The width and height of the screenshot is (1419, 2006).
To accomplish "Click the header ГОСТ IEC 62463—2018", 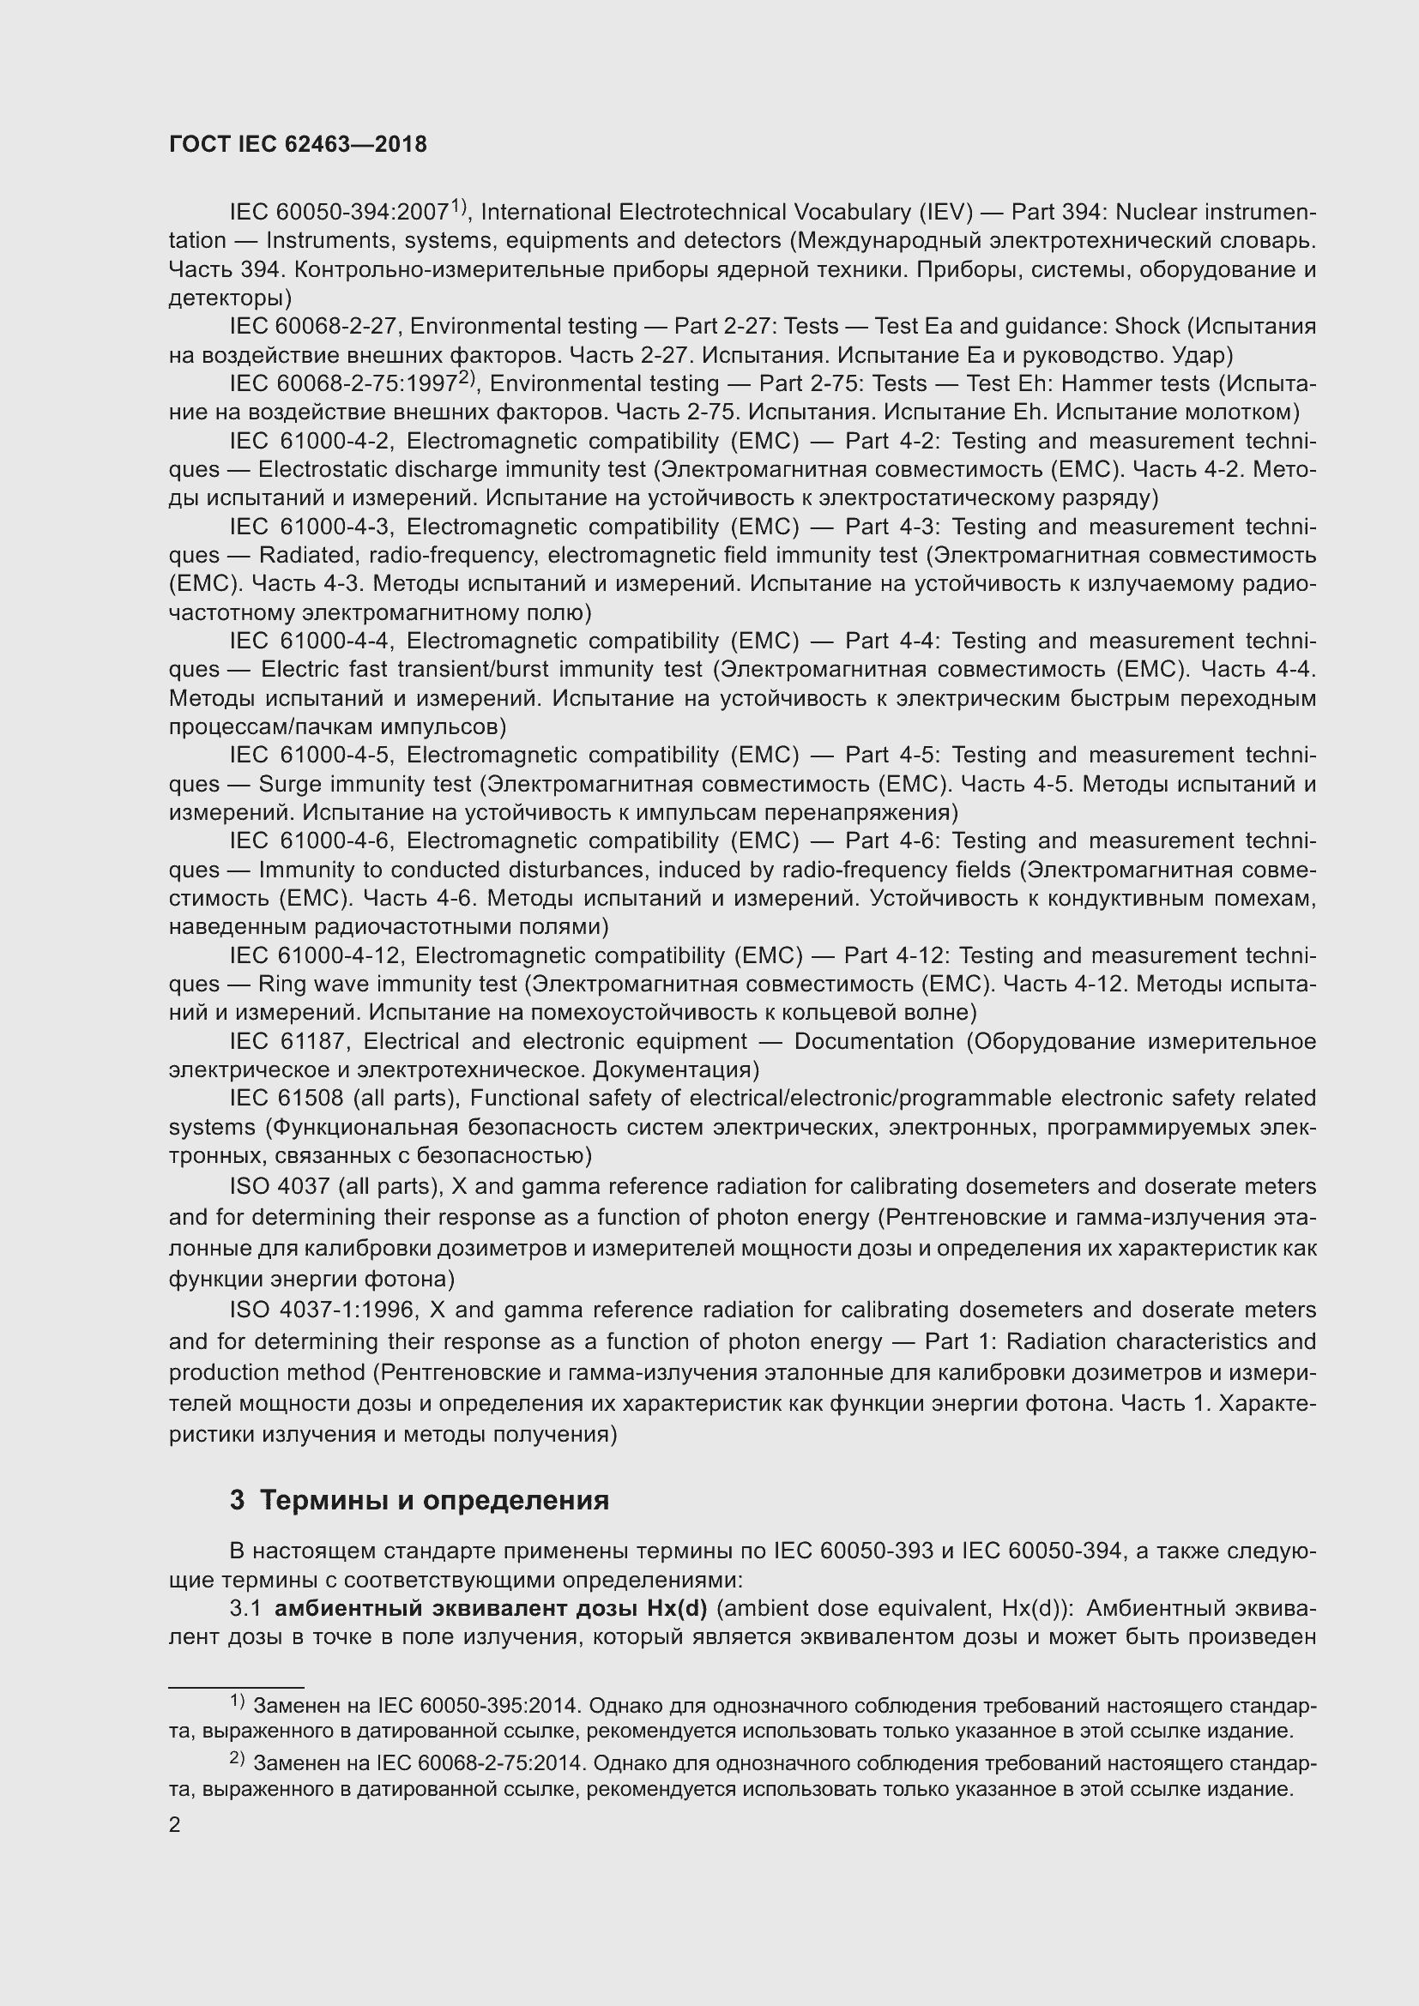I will click(x=298, y=145).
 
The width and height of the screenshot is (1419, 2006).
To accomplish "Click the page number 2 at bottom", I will click(x=175, y=1825).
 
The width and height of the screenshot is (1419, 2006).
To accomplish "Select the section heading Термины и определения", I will click(x=434, y=1500).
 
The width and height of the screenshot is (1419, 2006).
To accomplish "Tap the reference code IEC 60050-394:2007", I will click(x=339, y=213).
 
